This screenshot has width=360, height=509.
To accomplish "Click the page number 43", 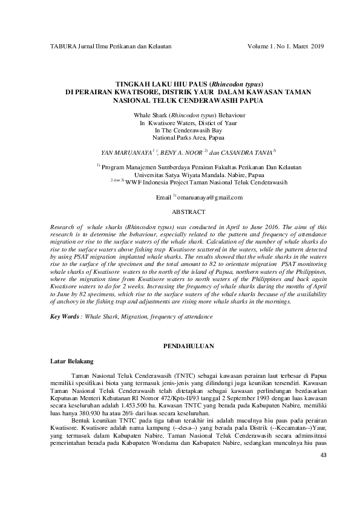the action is coord(321,470).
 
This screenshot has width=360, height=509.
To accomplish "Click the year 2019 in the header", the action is coord(318,46).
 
